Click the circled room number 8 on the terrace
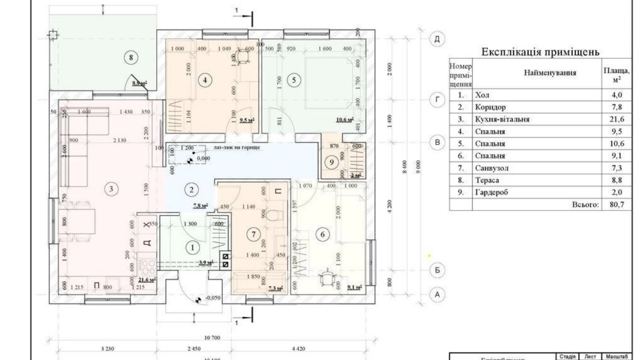click(131, 57)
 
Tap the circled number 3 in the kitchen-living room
click(111, 189)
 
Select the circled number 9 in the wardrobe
click(331, 162)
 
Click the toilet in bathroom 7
click(276, 215)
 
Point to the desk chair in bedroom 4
click(243, 57)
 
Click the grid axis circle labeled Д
click(437, 39)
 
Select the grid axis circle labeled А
click(437, 295)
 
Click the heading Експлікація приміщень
click(540, 52)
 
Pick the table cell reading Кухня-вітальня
click(502, 119)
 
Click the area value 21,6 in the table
click(616, 119)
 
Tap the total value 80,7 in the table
click(616, 205)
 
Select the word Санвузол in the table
click(491, 168)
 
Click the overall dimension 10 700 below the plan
click(212, 337)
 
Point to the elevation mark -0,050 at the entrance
click(212, 298)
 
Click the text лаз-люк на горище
click(237, 147)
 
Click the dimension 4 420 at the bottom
click(298, 349)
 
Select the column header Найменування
click(550, 73)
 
